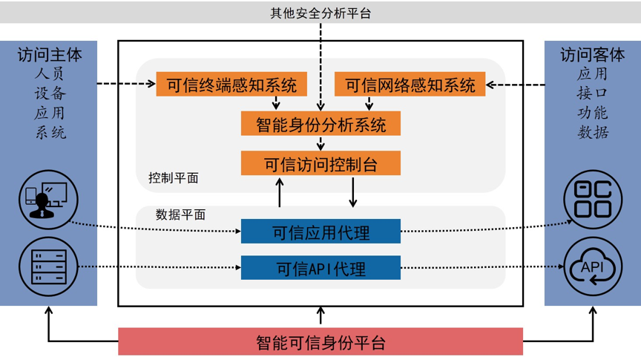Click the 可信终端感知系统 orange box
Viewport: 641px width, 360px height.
coord(231,85)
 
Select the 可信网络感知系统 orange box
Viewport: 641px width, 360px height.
coord(410,85)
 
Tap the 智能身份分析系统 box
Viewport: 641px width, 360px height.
coord(320,123)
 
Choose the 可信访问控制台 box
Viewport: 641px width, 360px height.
coord(320,163)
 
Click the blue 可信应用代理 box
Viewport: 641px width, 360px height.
coord(320,232)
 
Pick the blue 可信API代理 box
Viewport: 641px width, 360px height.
coord(320,267)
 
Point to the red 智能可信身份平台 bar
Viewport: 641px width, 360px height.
coord(320,342)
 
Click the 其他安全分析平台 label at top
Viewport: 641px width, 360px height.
coord(320,12)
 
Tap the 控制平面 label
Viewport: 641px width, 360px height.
coord(173,178)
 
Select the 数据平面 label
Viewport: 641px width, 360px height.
coord(180,215)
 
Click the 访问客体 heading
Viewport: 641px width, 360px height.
coord(592,55)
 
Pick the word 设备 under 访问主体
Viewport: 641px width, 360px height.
coord(50,94)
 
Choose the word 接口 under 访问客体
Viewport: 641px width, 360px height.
coord(592,94)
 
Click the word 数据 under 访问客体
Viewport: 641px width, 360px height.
coord(592,132)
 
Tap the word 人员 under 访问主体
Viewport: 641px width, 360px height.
coord(50,74)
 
